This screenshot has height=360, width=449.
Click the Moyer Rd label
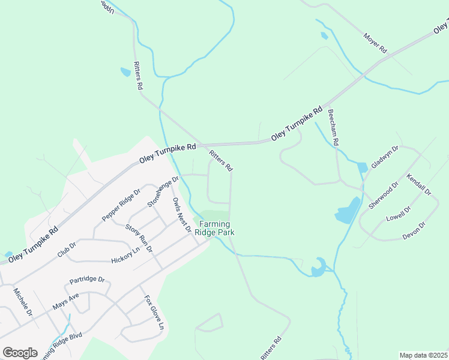click(x=375, y=43)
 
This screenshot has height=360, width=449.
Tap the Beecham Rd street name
click(x=334, y=128)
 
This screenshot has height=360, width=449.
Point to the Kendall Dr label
click(x=418, y=185)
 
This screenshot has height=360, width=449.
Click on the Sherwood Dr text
click(x=384, y=196)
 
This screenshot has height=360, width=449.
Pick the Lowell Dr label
click(x=399, y=215)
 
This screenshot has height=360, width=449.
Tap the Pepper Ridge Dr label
click(x=121, y=205)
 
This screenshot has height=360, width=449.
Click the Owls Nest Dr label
click(x=181, y=215)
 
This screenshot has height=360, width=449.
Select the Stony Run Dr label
click(x=139, y=238)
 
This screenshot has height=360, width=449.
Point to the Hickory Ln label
click(x=125, y=256)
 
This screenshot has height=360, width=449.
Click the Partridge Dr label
click(x=87, y=280)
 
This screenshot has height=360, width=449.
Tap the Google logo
click(x=20, y=353)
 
